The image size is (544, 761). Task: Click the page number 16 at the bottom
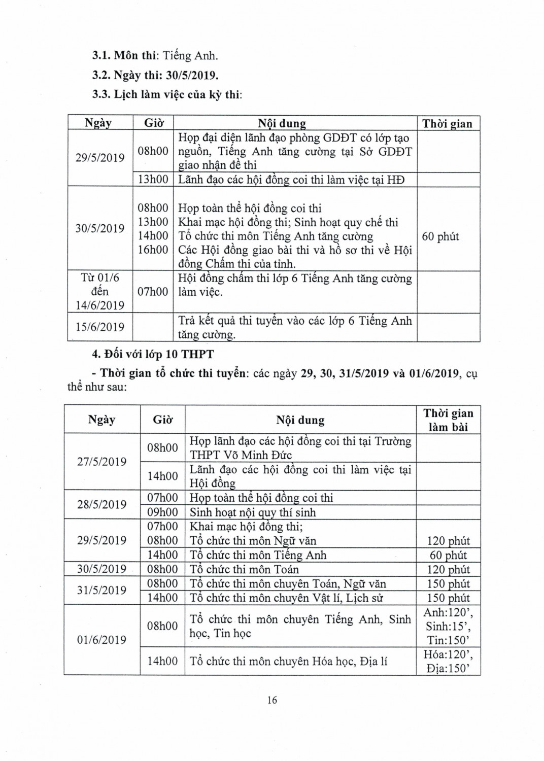[272, 700]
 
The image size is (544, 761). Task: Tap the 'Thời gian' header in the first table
[447, 124]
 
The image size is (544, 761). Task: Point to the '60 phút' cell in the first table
[440, 236]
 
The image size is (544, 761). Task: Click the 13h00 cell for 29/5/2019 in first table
[153, 180]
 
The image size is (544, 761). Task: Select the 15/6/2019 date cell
[100, 327]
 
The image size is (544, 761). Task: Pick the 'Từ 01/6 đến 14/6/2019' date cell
[100, 292]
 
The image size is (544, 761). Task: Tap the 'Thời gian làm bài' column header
[448, 420]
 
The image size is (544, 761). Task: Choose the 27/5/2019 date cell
[101, 462]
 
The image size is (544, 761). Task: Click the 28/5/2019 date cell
[101, 504]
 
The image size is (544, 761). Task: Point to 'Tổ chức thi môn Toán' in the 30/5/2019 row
[244, 569]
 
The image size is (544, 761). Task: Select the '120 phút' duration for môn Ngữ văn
[449, 541]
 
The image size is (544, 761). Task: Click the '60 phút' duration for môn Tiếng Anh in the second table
[449, 555]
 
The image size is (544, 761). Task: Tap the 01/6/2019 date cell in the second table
[101, 640]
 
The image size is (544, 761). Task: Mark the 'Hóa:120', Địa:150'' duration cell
[449, 662]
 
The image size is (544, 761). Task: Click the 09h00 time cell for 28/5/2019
[162, 512]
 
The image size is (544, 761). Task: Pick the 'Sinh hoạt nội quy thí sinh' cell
[253, 512]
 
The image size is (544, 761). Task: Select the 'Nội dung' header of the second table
[300, 420]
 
